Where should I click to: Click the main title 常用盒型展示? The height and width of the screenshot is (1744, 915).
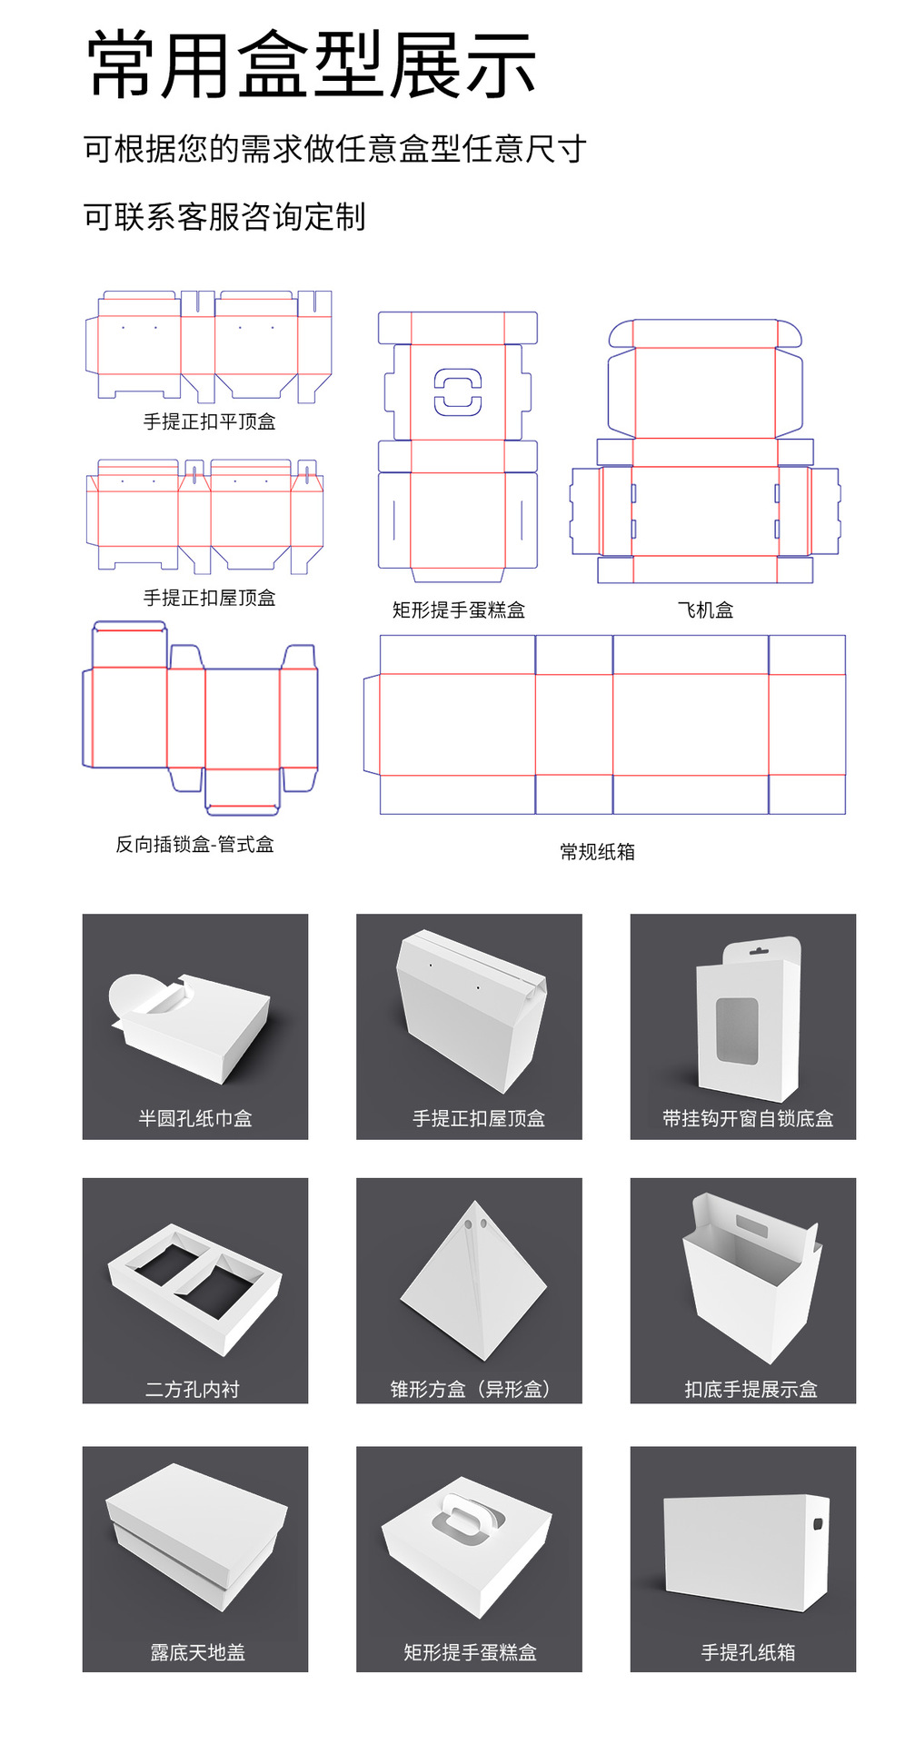(x=311, y=65)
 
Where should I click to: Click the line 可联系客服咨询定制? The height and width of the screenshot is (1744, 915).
(x=224, y=217)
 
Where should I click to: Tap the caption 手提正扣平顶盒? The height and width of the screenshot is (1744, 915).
(x=209, y=421)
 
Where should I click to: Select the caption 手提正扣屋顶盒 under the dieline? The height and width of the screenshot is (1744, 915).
(x=209, y=598)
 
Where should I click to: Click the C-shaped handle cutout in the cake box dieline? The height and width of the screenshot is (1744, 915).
(x=457, y=392)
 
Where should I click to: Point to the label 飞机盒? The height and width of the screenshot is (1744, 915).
(x=705, y=610)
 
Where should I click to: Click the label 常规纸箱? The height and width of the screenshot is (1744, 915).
(x=597, y=852)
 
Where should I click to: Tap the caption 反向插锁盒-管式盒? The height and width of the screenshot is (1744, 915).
(x=194, y=845)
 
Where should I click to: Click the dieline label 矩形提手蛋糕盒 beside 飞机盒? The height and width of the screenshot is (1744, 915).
(x=458, y=610)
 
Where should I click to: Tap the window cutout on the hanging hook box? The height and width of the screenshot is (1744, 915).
(x=737, y=1030)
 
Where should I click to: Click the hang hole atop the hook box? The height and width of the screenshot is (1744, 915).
(x=759, y=951)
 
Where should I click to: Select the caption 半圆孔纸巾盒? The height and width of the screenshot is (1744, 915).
(x=194, y=1118)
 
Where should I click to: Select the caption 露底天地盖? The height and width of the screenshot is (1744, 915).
(x=197, y=1652)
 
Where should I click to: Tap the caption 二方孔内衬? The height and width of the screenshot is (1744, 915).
(x=193, y=1389)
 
